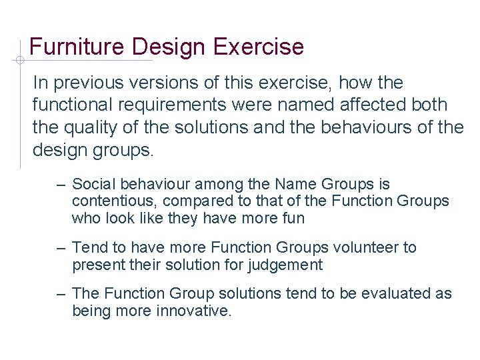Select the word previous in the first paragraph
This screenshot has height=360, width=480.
(x=93, y=83)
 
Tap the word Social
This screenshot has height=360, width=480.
(x=92, y=184)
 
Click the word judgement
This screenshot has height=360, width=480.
(x=289, y=265)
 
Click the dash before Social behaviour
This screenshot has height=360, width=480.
(x=61, y=184)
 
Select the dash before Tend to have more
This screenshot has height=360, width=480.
(x=61, y=248)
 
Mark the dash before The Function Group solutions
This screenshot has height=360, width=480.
(x=61, y=293)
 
